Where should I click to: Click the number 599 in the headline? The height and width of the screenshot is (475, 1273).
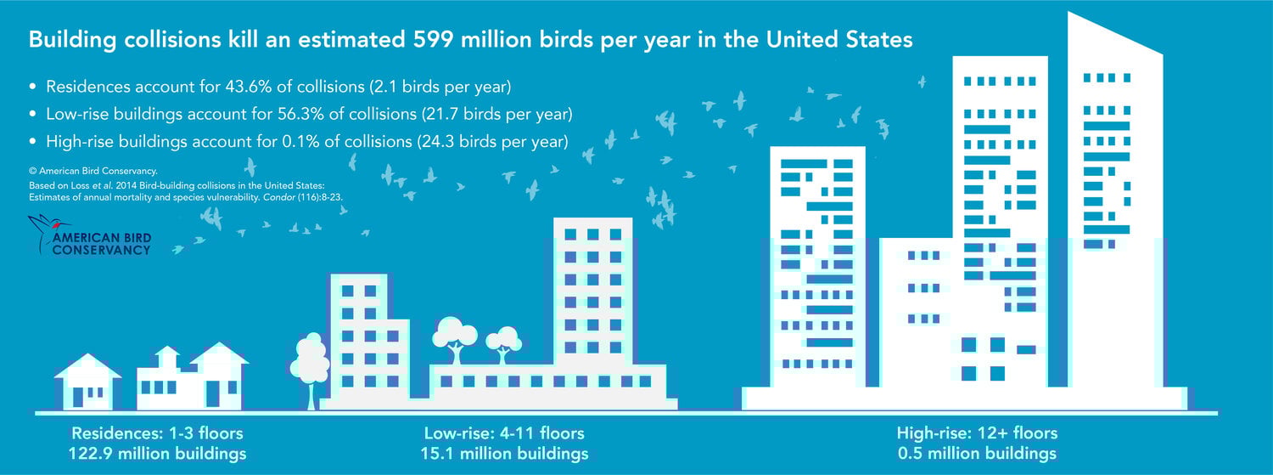tap(433, 40)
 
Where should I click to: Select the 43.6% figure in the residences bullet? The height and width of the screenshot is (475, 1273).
tap(250, 87)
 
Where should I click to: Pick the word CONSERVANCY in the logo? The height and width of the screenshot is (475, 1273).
tap(101, 250)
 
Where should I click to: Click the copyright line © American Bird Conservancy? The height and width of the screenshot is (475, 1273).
tap(93, 171)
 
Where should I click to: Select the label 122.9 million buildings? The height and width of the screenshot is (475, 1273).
tap(157, 454)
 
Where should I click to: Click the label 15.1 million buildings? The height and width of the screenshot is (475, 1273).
tap(505, 454)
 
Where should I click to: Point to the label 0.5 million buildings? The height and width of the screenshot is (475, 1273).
tap(978, 454)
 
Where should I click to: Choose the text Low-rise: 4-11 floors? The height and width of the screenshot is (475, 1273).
tap(504, 433)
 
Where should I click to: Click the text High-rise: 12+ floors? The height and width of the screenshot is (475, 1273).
tap(978, 433)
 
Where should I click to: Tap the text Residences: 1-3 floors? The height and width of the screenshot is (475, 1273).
tap(157, 433)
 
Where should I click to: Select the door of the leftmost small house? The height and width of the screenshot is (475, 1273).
tap(78, 397)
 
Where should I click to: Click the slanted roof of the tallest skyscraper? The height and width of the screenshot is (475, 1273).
tap(1115, 34)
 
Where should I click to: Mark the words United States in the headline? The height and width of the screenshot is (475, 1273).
tap(839, 40)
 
